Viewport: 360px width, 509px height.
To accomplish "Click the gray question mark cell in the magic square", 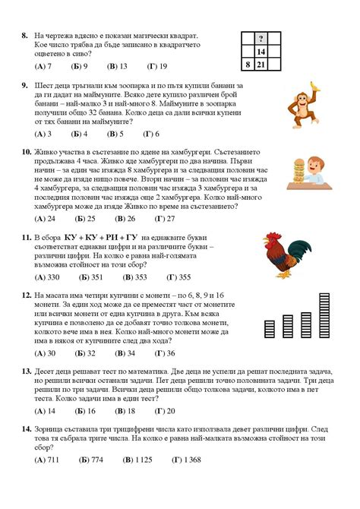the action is coord(261,38).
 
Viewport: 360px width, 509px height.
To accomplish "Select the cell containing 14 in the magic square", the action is coord(261,52).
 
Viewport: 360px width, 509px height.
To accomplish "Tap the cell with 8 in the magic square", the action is coord(248,65).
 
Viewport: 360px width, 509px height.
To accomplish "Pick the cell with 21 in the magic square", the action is coord(261,65).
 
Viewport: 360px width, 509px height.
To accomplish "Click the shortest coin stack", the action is coord(269,328).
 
